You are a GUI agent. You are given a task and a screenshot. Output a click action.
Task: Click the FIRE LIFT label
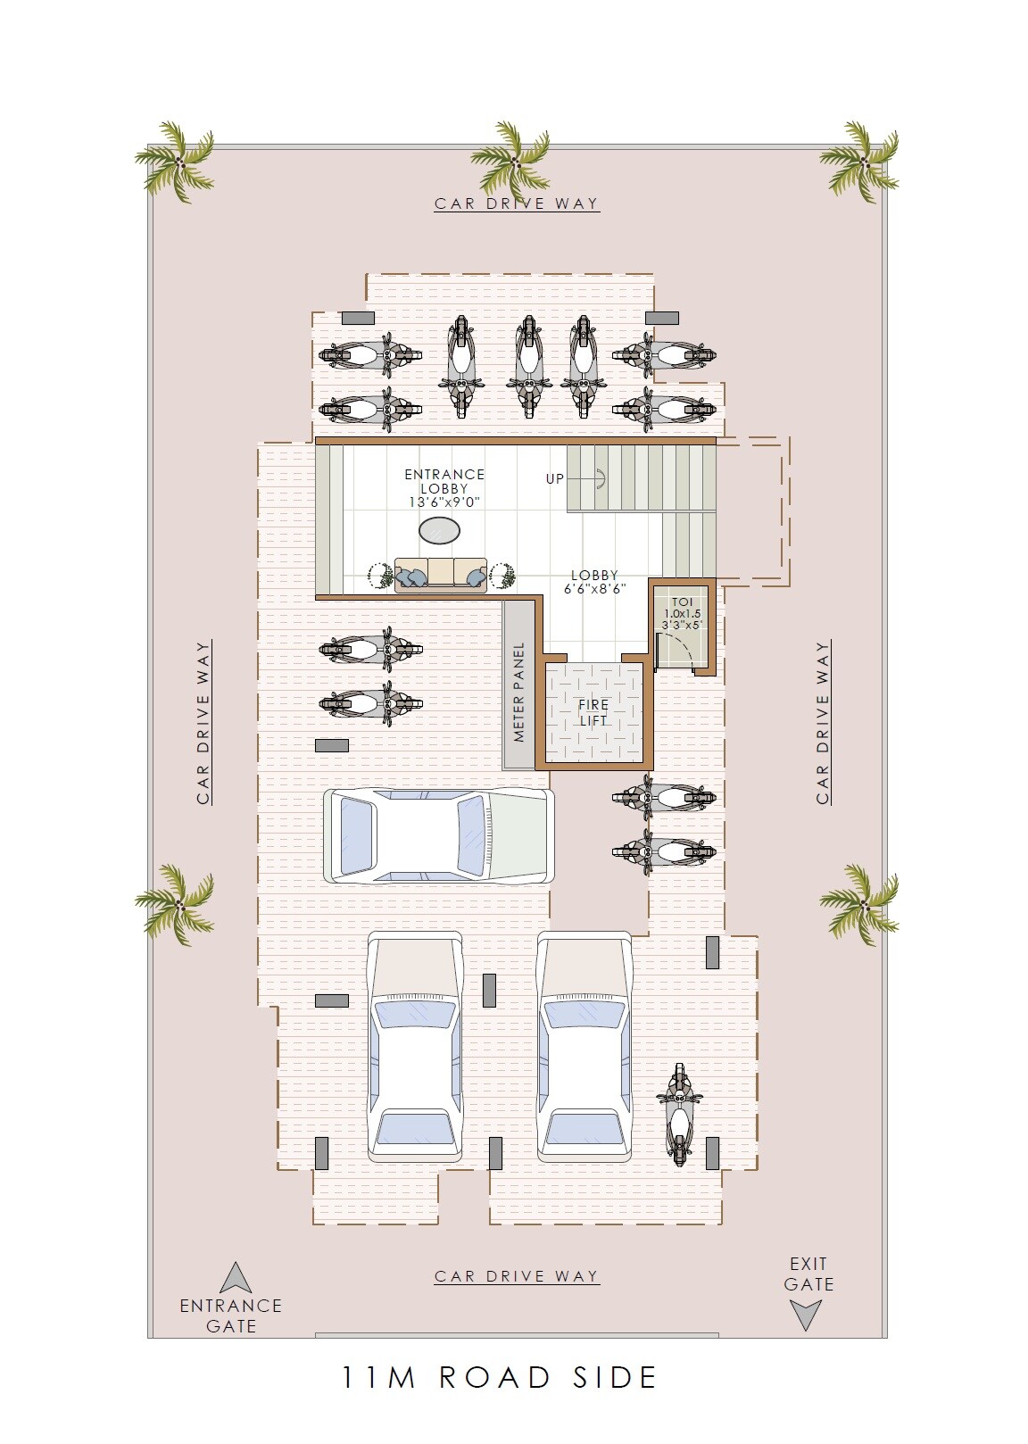pos(593,712)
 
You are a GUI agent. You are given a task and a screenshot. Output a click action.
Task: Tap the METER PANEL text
pos(519,692)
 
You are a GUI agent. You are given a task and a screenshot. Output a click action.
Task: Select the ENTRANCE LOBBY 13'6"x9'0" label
pos(444,488)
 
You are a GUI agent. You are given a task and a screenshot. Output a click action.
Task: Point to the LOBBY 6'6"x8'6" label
pos(594,582)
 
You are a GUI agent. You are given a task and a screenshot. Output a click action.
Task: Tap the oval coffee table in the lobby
pos(440,531)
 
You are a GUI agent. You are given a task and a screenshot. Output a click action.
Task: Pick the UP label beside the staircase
pos(555,479)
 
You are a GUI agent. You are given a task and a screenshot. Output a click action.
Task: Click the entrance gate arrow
pos(236,1278)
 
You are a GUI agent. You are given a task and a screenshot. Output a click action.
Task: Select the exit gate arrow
pos(806,1315)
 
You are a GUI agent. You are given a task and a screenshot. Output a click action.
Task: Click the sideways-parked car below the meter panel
pos(438,836)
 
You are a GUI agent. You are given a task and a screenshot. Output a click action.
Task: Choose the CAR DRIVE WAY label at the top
pos(517,203)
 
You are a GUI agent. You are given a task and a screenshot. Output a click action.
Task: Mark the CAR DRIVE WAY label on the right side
pos(823,723)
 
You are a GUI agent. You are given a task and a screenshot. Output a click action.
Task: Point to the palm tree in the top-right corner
pos(860,160)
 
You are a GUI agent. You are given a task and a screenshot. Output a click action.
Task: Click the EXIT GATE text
pos(808,1274)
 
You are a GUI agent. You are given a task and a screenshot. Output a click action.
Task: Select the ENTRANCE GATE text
pos(231,1315)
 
